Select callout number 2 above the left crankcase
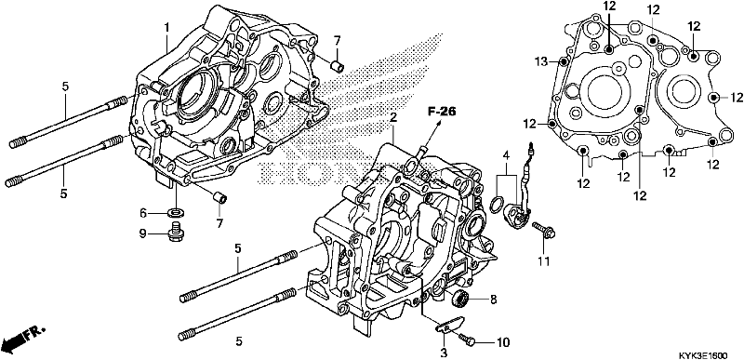pyautogui.click(x=393, y=118)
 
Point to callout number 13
pyautogui.click(x=540, y=60)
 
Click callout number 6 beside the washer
pyautogui.click(x=142, y=212)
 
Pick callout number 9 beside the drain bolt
pyautogui.click(x=142, y=233)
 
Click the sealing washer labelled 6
pyautogui.click(x=175, y=213)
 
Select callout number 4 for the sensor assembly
pyautogui.click(x=507, y=153)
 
